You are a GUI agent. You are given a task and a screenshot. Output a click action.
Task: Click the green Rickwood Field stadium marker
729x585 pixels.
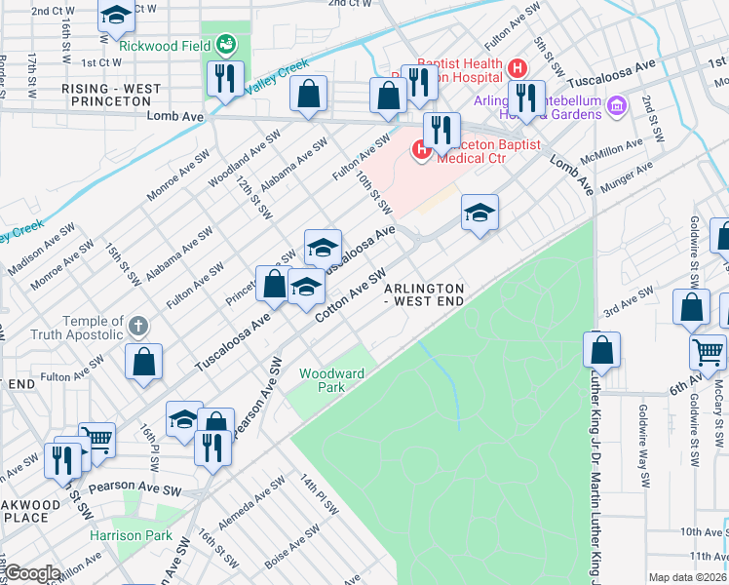click(x=226, y=44)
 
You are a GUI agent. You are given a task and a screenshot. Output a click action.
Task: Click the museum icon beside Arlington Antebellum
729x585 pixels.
click(x=615, y=104)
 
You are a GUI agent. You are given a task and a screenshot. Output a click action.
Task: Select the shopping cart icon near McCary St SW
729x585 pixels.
click(x=708, y=351)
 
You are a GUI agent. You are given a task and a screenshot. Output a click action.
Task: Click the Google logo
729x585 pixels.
click(x=32, y=572)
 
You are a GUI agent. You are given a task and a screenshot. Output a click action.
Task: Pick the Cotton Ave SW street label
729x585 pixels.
click(x=351, y=291)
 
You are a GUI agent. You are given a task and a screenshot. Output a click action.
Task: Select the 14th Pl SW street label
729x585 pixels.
click(x=319, y=494)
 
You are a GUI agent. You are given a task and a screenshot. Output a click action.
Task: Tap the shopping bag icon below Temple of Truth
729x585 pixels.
click(x=143, y=361)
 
